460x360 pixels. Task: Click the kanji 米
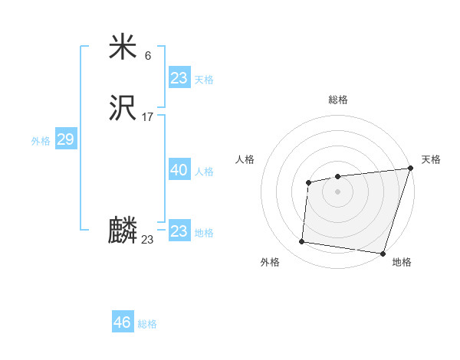pos(123,47)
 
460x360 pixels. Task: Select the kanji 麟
pos(123,231)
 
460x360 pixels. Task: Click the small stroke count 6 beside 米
pos(148,56)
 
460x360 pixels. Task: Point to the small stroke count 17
pos(147,117)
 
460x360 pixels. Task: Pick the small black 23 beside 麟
pos(147,240)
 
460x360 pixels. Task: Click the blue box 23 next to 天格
pos(179,77)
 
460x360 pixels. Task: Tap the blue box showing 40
pos(179,170)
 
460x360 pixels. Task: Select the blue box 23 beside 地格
pos(179,231)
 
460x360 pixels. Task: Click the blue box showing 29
pos(65,139)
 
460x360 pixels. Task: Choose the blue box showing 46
pos(122,322)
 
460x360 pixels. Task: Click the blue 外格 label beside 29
pos(41,141)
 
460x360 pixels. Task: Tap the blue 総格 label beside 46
pos(147,324)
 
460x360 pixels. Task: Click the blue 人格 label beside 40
pos(204,172)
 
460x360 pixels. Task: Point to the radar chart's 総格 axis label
pos(337,100)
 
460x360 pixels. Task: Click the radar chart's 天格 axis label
pos(431,159)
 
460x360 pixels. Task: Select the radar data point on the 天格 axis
pos(410,169)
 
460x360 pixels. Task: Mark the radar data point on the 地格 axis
pos(383,253)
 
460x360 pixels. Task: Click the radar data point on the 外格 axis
pos(302,242)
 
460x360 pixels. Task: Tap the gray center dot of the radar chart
pos(337,191)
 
